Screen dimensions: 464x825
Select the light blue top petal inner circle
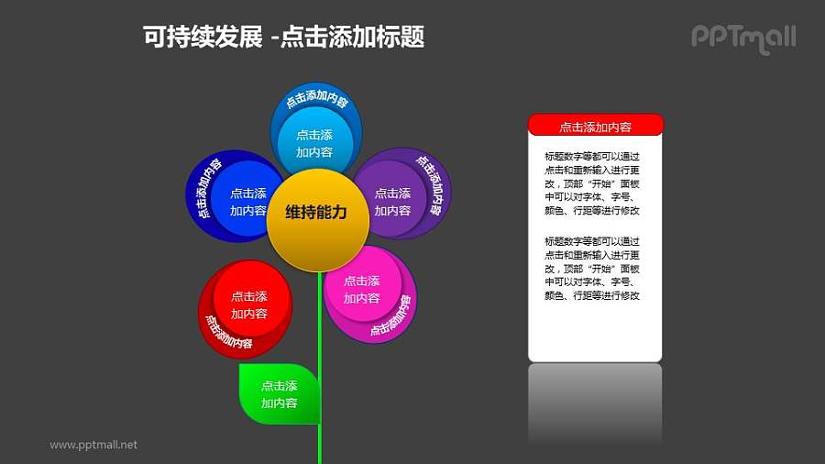click(314, 142)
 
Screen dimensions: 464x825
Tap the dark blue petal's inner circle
click(248, 201)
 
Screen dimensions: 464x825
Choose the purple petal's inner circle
click(392, 201)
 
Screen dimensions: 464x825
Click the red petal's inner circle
click(249, 304)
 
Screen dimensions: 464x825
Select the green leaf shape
click(278, 394)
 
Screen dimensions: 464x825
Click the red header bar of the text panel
click(595, 127)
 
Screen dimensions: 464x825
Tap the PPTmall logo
click(742, 38)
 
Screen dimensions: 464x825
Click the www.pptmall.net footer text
click(93, 445)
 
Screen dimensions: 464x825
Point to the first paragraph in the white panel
click(591, 183)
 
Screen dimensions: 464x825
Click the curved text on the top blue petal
click(316, 101)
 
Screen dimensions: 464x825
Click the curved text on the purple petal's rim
click(431, 184)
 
